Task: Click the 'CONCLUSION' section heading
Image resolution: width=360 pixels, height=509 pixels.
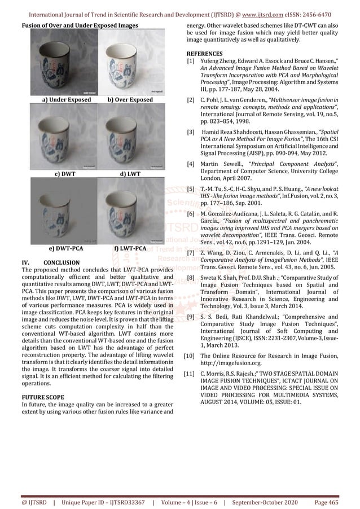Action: click(x=62, y=262)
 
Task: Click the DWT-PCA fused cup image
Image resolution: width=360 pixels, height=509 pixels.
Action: click(x=60, y=212)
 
